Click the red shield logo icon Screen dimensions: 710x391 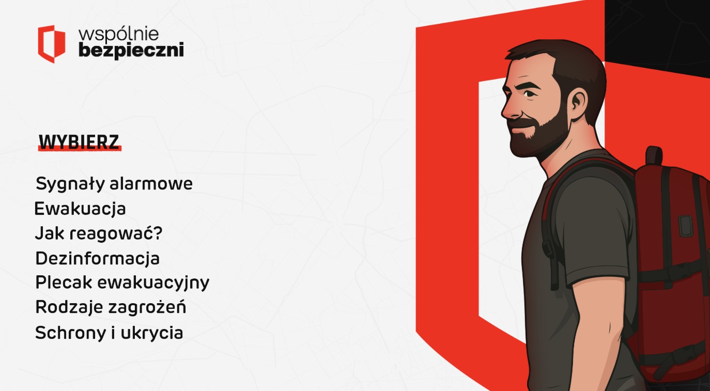pos(52,44)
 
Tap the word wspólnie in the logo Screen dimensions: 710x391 pos(118,34)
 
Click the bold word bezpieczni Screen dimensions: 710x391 pos(131,51)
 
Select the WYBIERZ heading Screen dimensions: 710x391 pos(79,142)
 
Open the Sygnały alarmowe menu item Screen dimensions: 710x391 pos(114,184)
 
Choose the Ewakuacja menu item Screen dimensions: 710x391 pos(80,209)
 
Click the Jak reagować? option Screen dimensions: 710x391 pos(99,233)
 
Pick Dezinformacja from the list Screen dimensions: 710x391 pos(97,258)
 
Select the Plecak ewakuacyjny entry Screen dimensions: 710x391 pos(122,283)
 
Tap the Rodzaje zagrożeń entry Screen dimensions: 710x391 pos(111,307)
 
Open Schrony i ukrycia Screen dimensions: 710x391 pos(109,333)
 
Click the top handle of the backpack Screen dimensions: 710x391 pos(654,155)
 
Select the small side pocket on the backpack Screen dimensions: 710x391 pos(686,226)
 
